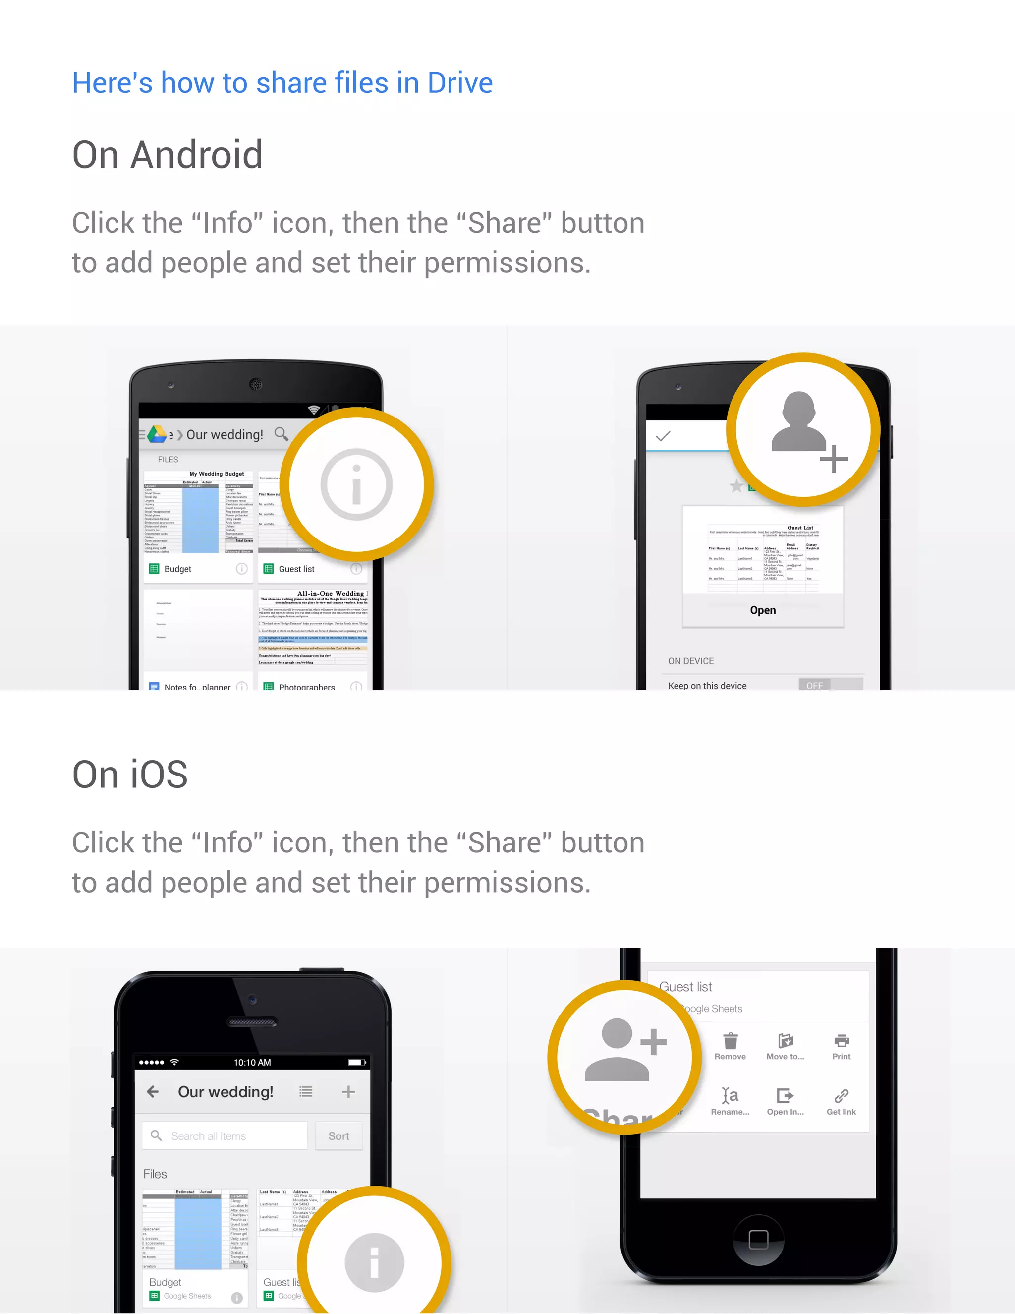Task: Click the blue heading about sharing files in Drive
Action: click(282, 82)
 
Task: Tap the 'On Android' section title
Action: click(167, 155)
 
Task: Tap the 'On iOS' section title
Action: click(130, 775)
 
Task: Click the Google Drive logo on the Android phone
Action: click(157, 434)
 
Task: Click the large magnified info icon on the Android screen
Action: click(356, 484)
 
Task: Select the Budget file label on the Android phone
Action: click(177, 569)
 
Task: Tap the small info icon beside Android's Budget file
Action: click(242, 569)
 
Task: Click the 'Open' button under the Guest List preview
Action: click(762, 610)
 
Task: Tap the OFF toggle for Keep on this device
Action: click(815, 685)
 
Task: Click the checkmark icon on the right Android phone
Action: click(663, 436)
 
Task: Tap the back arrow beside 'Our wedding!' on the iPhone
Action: click(153, 1091)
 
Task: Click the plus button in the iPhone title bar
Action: click(348, 1091)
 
